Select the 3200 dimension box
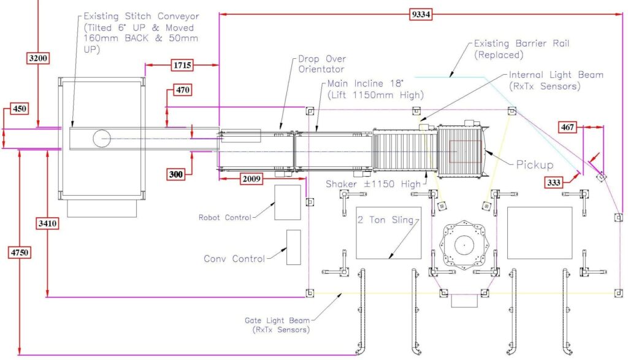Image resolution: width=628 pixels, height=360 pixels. pos(38,58)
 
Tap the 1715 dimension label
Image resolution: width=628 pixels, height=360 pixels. pos(182,64)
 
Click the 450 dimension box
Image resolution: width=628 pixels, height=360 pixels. pos(20,110)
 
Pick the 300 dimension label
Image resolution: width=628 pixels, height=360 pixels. pos(177,175)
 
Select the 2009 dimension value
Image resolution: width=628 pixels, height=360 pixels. pos(251,180)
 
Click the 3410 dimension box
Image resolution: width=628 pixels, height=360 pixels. pos(48,224)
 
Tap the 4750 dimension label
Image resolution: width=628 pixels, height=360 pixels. pos(20,251)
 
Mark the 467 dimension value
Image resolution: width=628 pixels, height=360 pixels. pos(568,128)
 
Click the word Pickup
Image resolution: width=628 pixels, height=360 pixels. pos(534,166)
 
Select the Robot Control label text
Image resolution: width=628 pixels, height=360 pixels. pos(224,217)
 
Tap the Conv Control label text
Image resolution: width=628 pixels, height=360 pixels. pos(234,259)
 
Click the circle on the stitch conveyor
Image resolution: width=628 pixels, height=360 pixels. pos(102,139)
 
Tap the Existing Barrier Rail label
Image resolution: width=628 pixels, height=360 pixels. pos(507,49)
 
